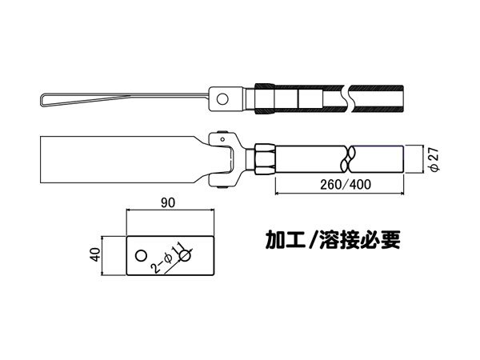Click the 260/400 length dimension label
(x=346, y=184)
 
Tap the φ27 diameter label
(x=434, y=159)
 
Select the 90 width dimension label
(x=168, y=202)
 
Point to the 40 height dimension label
(x=96, y=254)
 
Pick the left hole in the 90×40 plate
(x=141, y=255)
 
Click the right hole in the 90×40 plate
(x=186, y=255)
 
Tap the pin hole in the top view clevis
(x=222, y=99)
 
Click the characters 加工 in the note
(x=285, y=239)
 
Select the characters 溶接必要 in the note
(x=360, y=239)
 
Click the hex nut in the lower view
(x=265, y=159)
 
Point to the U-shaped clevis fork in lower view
(x=224, y=159)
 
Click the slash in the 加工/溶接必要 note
(x=312, y=239)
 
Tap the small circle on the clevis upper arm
(x=222, y=139)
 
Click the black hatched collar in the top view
(x=265, y=98)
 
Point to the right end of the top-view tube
(x=402, y=98)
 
